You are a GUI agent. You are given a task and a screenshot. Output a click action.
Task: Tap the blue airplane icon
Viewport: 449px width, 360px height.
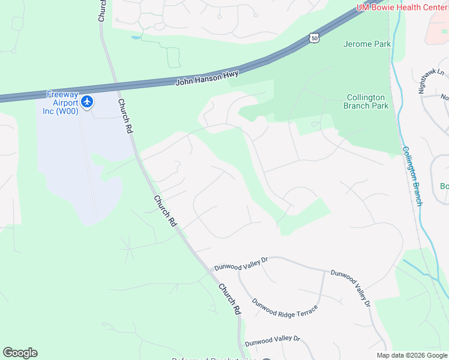(x=88, y=101)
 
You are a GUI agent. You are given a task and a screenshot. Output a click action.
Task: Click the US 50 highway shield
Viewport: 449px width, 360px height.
(x=315, y=38)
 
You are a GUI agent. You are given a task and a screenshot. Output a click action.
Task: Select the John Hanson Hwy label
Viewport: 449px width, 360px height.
(x=207, y=77)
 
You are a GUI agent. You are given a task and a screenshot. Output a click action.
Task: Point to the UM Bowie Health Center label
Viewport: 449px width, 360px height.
(x=402, y=7)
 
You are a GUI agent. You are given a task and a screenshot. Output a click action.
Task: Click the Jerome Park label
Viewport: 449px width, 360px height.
(x=367, y=44)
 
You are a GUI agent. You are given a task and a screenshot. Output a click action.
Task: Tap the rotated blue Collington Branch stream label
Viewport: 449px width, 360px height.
(x=412, y=176)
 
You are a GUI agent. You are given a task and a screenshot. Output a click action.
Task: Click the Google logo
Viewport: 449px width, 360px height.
(x=20, y=353)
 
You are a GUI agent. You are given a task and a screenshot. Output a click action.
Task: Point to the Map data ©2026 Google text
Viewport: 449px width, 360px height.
(x=412, y=355)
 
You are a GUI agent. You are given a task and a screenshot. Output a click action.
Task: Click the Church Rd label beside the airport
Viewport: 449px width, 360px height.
(x=125, y=116)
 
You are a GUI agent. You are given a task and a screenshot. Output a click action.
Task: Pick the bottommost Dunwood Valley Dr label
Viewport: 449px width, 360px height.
(x=272, y=339)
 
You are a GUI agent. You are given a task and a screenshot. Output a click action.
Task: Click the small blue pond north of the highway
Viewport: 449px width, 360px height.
(x=136, y=37)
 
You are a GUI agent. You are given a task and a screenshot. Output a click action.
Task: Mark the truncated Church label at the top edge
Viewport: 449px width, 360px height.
(x=101, y=10)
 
